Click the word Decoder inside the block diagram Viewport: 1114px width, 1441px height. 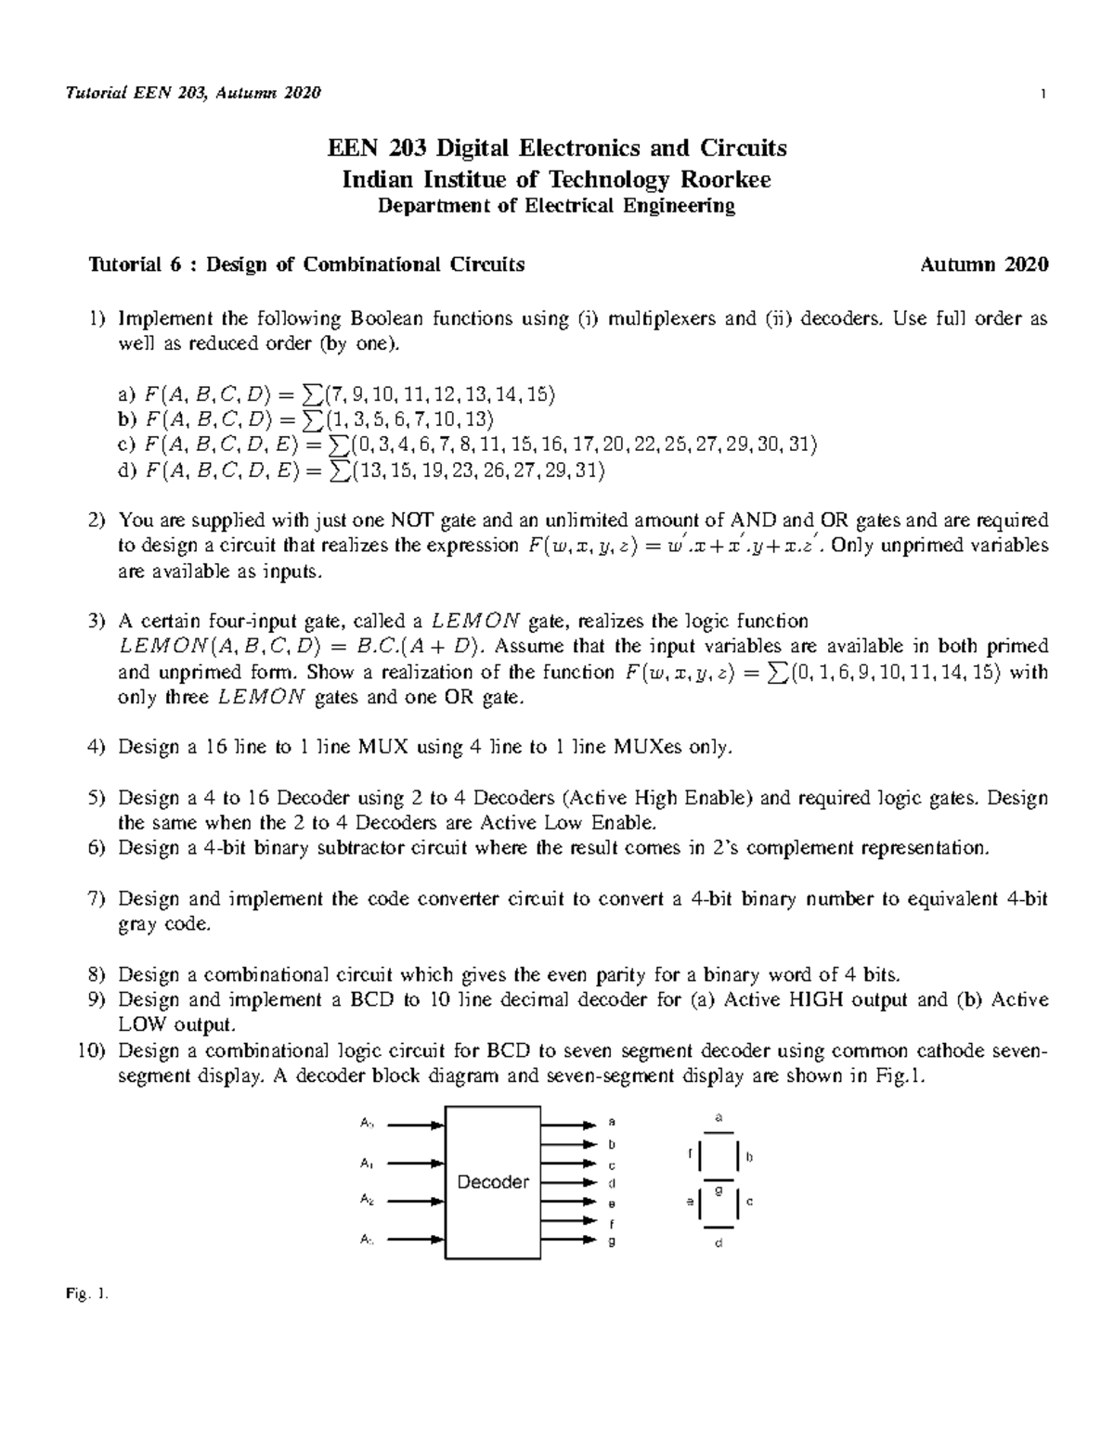[x=493, y=1182]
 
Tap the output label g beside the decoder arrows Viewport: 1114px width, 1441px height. [x=611, y=1241]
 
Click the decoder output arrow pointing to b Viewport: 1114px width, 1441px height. [x=567, y=1144]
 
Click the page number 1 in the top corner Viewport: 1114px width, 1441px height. [x=1044, y=93]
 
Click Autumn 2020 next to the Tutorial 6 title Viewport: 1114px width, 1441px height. [x=984, y=264]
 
